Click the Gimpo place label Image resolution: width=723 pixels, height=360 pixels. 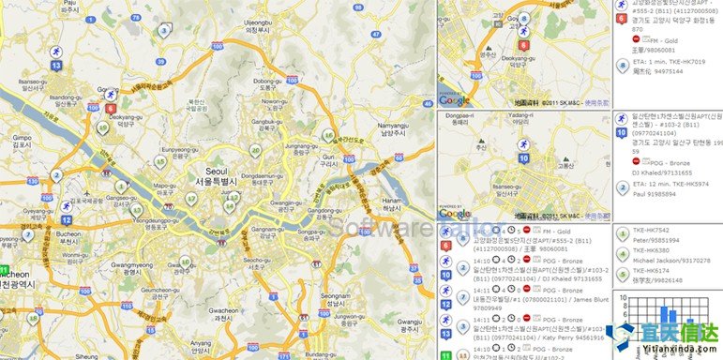21,137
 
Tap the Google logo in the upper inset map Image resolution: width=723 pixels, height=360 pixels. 455,99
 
